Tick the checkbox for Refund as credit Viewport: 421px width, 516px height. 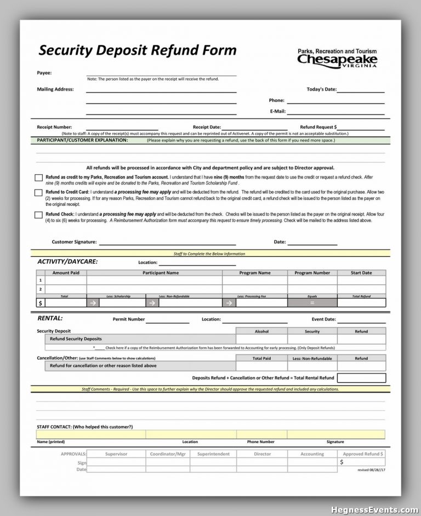pyautogui.click(x=38, y=178)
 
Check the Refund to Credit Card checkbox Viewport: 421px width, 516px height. pyautogui.click(x=38, y=193)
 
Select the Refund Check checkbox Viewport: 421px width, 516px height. pyautogui.click(x=38, y=215)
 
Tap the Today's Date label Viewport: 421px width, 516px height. pyautogui.click(x=321, y=89)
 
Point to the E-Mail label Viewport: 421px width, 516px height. pyautogui.click(x=277, y=111)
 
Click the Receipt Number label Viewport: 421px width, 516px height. pyautogui.click(x=54, y=127)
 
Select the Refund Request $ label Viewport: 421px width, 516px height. pyautogui.click(x=318, y=127)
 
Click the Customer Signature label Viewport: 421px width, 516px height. pyautogui.click(x=74, y=242)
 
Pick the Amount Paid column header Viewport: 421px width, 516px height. pyautogui.click(x=66, y=273)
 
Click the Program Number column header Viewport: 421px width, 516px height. pyautogui.click(x=312, y=273)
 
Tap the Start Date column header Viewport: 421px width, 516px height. pyautogui.click(x=361, y=273)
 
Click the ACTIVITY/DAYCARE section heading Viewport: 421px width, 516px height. pyautogui.click(x=67, y=262)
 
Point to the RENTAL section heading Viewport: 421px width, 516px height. pyautogui.click(x=50, y=318)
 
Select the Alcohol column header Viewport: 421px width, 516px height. pyautogui.click(x=261, y=331)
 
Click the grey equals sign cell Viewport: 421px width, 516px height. pyautogui.click(x=312, y=302)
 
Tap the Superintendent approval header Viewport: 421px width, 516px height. pyautogui.click(x=213, y=454)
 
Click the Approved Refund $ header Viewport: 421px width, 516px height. pyautogui.click(x=363, y=454)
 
